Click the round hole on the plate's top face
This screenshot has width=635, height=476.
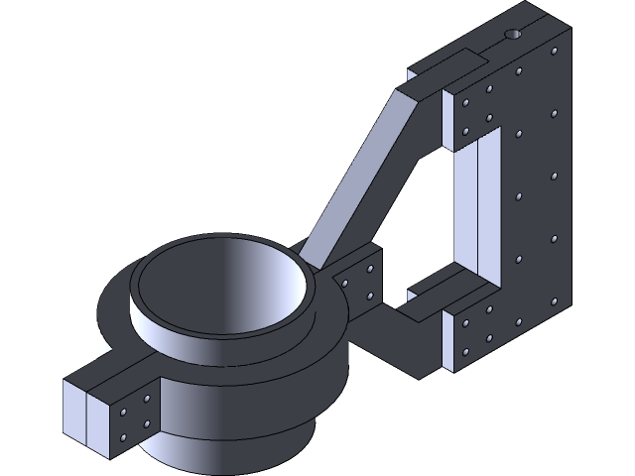513,35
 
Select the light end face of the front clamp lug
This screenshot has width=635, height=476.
86,416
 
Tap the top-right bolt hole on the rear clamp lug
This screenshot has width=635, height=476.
370,268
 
